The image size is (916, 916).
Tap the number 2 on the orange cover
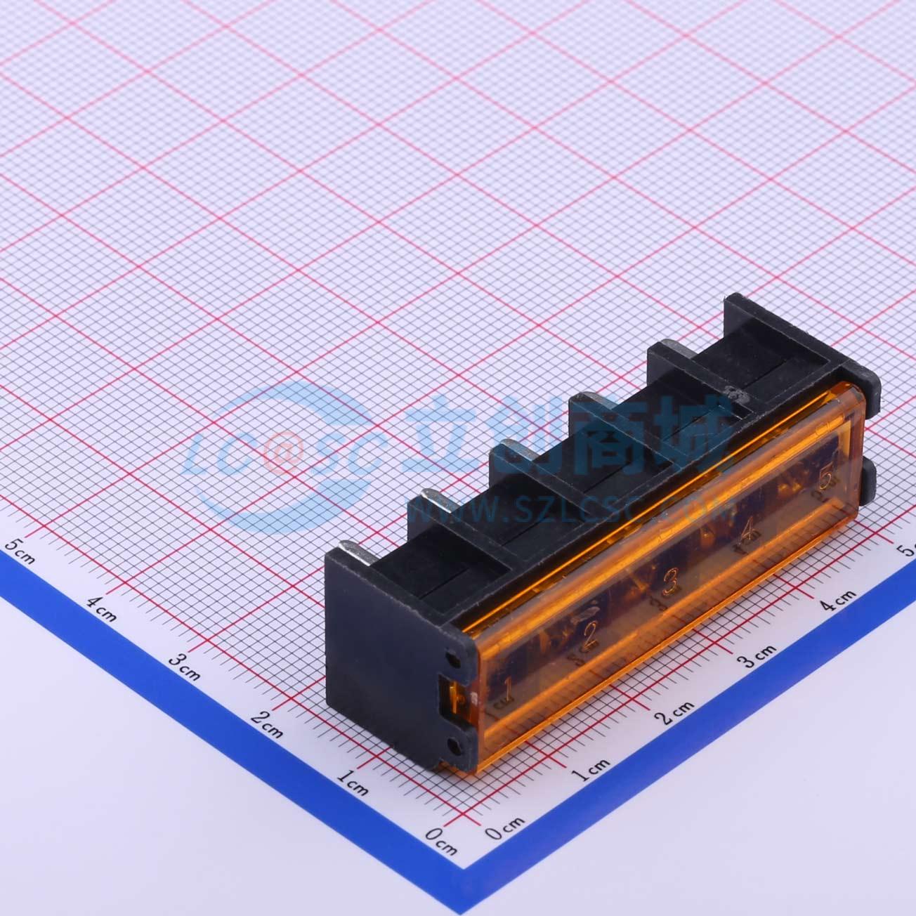coord(589,635)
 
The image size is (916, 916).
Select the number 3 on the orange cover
coord(670,582)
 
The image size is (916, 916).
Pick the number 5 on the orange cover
coord(828,478)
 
